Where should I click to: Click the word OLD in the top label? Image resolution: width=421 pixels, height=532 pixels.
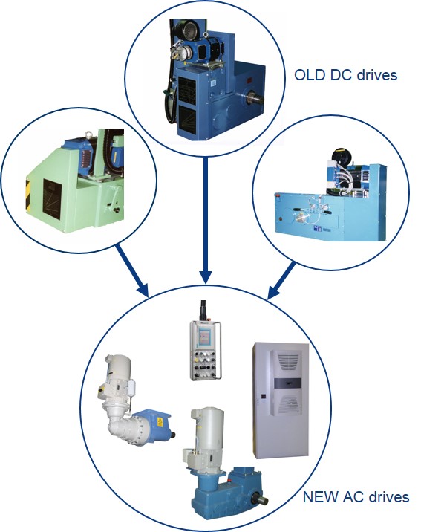click(x=309, y=74)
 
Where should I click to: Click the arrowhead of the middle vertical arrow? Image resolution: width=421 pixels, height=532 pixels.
click(x=206, y=277)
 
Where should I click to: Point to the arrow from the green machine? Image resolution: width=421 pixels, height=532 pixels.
click(x=132, y=270)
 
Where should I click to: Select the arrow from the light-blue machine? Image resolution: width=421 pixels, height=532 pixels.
click(x=281, y=281)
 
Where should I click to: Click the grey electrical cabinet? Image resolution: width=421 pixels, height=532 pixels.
click(x=281, y=400)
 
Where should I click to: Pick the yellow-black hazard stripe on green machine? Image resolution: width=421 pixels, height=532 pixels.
click(x=27, y=195)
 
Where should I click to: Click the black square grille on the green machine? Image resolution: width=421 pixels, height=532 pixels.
click(x=51, y=199)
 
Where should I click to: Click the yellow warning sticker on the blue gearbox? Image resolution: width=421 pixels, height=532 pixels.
click(x=160, y=423)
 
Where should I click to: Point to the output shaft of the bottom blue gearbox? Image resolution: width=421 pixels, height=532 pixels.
click(x=261, y=501)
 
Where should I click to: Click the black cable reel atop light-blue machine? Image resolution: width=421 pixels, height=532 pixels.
click(x=339, y=157)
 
